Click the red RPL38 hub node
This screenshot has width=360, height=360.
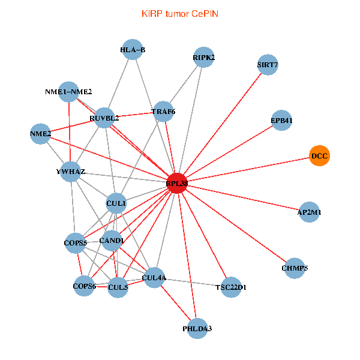click(x=176, y=183)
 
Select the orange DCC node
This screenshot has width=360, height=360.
click(x=320, y=156)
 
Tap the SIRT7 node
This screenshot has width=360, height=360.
click(x=268, y=64)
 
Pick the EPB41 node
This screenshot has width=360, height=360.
click(x=282, y=120)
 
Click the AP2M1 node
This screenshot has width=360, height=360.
click(x=309, y=212)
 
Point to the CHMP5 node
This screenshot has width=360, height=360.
click(x=294, y=268)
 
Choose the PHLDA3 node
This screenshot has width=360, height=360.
click(x=197, y=329)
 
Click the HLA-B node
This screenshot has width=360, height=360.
click(x=133, y=49)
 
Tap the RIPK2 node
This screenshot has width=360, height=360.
click(x=204, y=58)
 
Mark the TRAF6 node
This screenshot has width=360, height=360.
click(x=163, y=111)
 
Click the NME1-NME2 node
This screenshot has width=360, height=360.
click(x=69, y=92)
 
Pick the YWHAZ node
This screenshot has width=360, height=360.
click(x=71, y=172)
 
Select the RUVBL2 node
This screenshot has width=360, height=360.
click(x=104, y=118)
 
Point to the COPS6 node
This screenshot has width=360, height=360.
click(x=85, y=286)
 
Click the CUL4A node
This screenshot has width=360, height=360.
click(x=154, y=277)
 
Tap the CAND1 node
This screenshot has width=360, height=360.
click(x=112, y=241)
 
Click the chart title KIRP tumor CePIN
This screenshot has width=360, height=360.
click(x=180, y=13)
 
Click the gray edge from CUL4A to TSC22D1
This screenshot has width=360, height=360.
click(x=192, y=282)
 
